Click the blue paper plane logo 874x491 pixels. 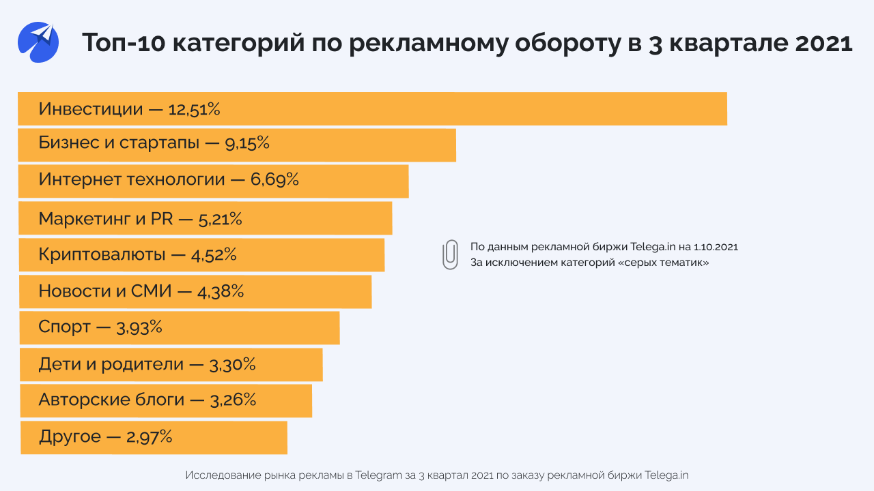(38, 42)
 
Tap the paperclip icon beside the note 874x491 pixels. (449, 254)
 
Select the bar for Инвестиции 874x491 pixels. (372, 109)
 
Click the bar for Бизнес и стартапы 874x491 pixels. (237, 145)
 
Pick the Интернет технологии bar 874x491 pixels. (213, 181)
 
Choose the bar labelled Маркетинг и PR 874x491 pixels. (205, 218)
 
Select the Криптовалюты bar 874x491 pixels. (201, 255)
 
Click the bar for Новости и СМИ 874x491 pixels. (195, 291)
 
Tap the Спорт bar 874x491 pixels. (179, 327)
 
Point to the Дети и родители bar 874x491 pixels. (171, 364)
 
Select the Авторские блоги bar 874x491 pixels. (165, 400)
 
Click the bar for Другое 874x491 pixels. (154, 437)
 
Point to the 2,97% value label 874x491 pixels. (149, 437)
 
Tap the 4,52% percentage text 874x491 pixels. (214, 255)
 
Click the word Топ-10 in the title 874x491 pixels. (122, 43)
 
